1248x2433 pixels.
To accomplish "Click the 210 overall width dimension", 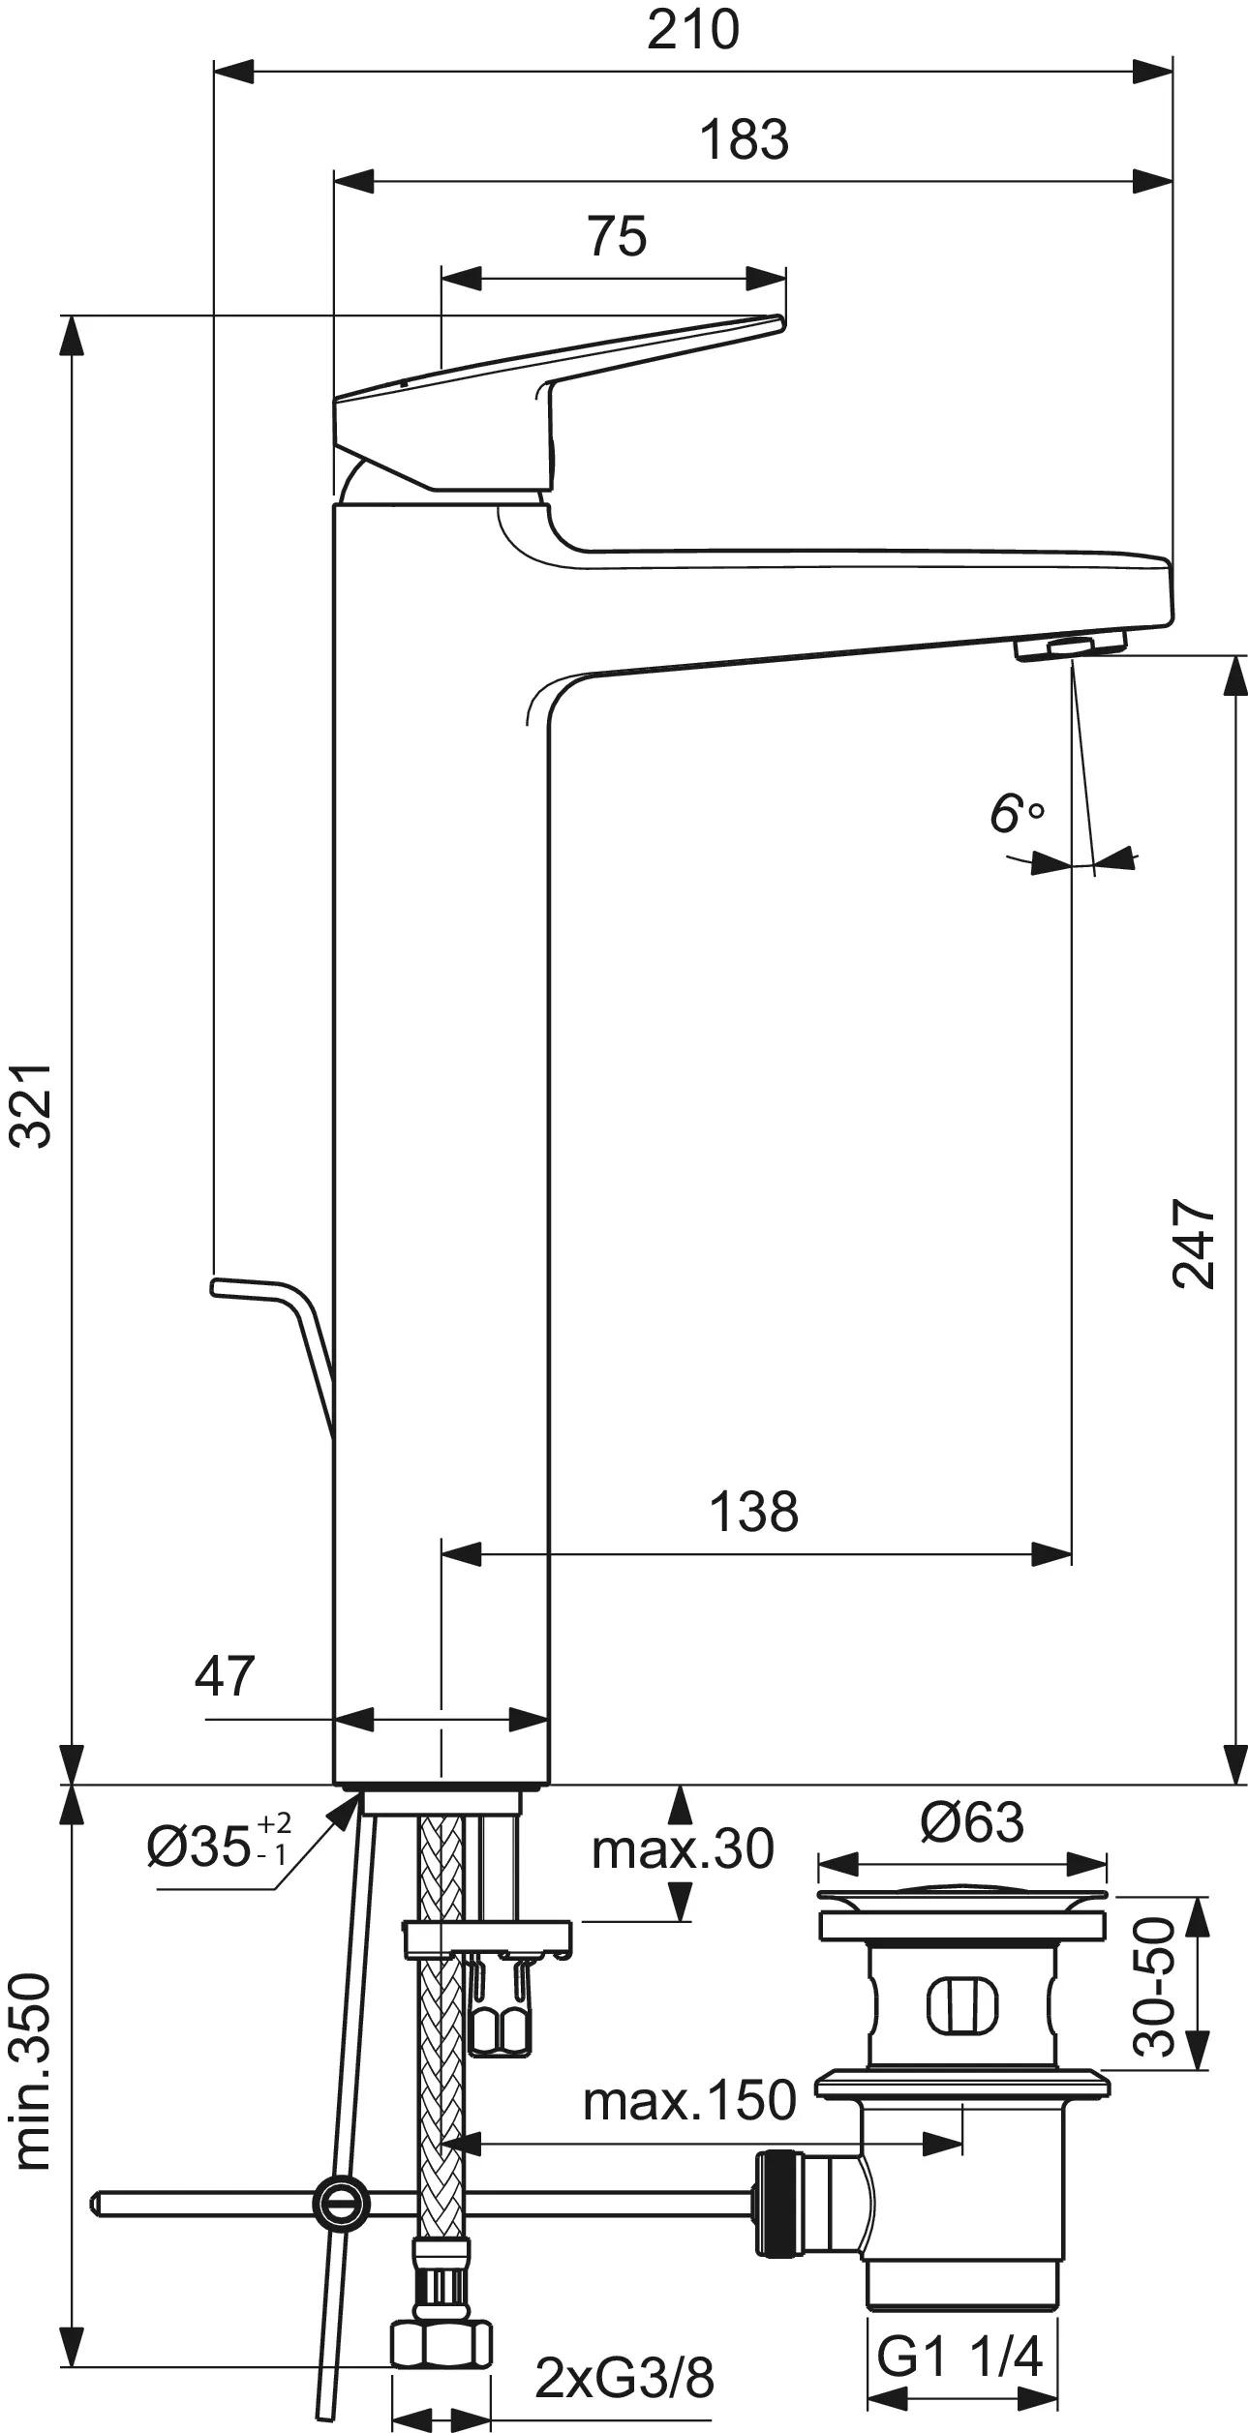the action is [693, 30].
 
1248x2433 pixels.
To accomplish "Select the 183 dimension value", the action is [745, 139].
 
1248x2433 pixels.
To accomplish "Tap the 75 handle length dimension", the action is [617, 236].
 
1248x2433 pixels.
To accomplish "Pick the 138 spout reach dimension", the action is [754, 1511].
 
